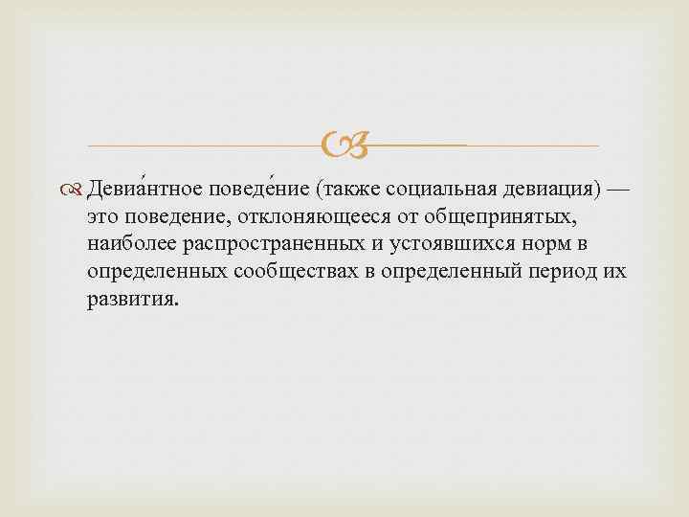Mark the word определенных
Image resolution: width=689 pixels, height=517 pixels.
click(157, 271)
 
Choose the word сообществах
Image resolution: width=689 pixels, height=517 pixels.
click(296, 271)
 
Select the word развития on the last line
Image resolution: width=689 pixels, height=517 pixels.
click(131, 298)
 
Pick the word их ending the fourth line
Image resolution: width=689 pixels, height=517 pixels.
click(616, 271)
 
